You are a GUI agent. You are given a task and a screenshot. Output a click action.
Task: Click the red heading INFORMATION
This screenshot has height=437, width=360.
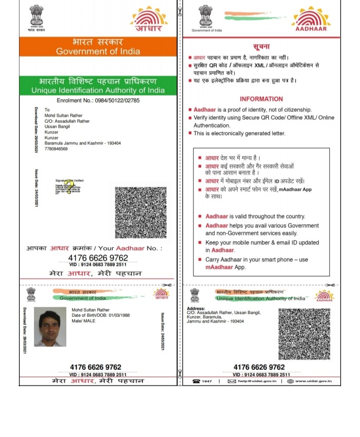coord(261,99)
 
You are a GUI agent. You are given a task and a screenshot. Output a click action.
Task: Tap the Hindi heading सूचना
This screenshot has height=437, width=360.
coord(262,46)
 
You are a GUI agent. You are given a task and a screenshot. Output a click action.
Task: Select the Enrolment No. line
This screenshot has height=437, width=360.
coord(98,100)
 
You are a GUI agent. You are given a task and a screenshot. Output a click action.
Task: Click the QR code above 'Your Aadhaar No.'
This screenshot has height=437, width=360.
coord(140,212)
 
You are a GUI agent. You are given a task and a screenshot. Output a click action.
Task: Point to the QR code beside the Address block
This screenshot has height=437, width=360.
coord(304,334)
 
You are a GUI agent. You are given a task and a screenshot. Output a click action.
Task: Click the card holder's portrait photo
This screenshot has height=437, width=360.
coord(50,326)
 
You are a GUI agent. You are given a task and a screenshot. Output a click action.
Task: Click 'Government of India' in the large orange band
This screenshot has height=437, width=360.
coord(97,51)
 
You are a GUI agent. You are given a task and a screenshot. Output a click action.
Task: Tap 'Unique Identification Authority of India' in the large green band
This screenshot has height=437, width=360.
coord(98,90)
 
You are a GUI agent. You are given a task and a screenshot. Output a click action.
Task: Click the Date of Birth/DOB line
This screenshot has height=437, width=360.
coord(101,315)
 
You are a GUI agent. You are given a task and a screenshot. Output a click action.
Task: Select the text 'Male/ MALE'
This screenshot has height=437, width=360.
coord(84,321)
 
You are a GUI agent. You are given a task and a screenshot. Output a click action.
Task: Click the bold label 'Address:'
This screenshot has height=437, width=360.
coord(196,308)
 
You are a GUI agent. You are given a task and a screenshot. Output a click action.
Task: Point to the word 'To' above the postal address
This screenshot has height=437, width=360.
coord(47,110)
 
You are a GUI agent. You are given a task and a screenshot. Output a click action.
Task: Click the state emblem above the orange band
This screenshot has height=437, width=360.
coord(36,17)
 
